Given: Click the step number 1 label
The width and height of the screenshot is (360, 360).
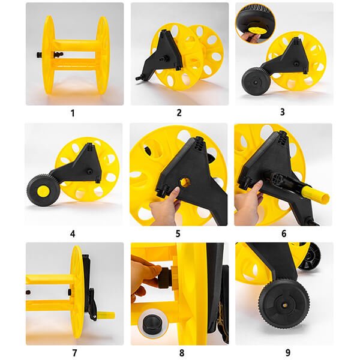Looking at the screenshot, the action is point(73,113).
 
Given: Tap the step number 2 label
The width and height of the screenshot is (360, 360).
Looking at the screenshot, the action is point(179,113).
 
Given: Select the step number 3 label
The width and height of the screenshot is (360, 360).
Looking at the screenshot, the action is point(283,112).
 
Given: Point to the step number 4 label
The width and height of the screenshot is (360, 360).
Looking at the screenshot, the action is point(73,234).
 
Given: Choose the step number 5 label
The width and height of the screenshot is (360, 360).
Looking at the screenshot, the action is point(178,234).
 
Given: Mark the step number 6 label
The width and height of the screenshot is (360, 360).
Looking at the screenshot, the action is point(284,233).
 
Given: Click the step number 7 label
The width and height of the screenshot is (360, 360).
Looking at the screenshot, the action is point(74,353).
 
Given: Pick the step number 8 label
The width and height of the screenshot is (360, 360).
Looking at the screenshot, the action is point(182,353).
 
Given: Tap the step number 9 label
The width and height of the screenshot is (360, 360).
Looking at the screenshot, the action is point(288,352).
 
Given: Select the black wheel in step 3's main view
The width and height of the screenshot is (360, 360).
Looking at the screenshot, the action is point(256,81).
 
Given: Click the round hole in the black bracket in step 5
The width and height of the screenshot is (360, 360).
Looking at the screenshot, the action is point(185,182).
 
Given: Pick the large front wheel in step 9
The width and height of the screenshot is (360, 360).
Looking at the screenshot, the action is point(284,304).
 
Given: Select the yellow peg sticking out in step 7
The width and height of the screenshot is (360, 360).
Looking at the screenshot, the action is point(106,315).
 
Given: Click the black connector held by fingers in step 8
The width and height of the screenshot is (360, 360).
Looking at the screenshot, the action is point(165,277).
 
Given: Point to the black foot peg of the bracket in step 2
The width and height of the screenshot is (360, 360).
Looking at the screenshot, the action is point(139,78).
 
